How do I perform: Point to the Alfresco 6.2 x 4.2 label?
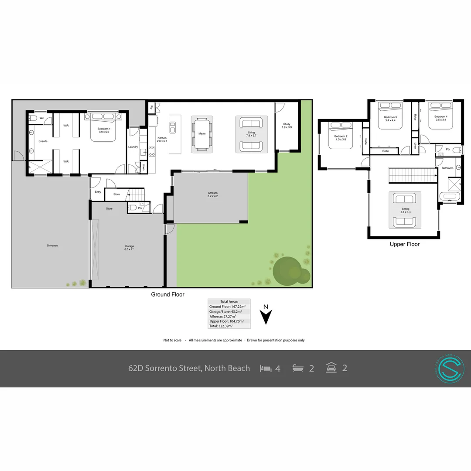[x=212, y=195]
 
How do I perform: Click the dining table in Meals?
[x=202, y=134]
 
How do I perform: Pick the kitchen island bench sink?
[x=173, y=127]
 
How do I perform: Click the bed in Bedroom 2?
[x=341, y=135]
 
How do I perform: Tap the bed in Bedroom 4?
[x=440, y=116]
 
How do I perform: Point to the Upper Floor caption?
[x=404, y=244]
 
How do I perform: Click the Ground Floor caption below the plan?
[x=167, y=294]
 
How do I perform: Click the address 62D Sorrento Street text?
[x=189, y=368]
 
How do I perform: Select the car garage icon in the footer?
[x=331, y=368]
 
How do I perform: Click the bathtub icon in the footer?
[x=298, y=369]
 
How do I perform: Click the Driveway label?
[x=52, y=246]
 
